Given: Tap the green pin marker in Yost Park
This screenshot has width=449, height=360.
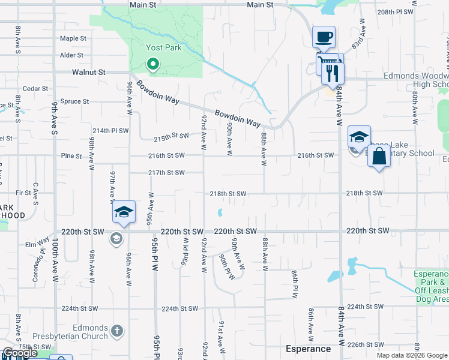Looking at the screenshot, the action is (x=153, y=63).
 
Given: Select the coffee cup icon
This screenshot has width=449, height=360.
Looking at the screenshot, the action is (x=324, y=37).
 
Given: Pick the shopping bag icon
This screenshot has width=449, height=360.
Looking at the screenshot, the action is (x=379, y=157).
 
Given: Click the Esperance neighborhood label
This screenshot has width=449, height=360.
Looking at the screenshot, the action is (x=308, y=349).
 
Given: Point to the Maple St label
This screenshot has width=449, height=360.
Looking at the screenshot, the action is (x=73, y=38).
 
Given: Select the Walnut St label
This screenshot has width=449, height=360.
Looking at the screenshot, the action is (x=88, y=72).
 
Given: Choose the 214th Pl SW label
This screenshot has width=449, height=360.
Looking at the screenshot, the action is (x=110, y=130).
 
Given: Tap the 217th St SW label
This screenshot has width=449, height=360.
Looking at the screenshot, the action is (x=166, y=173).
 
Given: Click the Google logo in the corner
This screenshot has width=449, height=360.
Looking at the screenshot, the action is (x=20, y=353).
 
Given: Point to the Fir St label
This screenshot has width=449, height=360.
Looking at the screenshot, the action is (x=23, y=193).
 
